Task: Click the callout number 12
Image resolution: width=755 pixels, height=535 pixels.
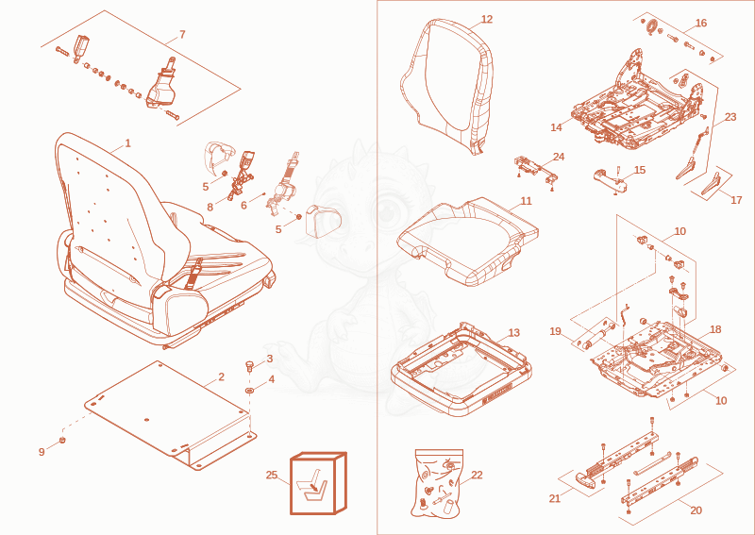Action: click(x=487, y=19)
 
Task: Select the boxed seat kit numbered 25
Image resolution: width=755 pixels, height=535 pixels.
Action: click(x=318, y=483)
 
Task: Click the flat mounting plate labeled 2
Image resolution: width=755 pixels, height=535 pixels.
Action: click(x=171, y=415)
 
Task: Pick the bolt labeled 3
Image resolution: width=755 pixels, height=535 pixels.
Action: click(x=249, y=365)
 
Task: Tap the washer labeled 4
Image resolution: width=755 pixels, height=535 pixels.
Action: click(x=250, y=389)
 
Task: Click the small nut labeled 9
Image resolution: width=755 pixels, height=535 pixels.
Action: click(x=62, y=440)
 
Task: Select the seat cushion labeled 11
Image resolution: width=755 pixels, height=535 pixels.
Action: click(x=468, y=241)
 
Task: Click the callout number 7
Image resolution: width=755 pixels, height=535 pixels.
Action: click(x=182, y=34)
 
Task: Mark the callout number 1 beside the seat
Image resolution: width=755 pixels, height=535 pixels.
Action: click(x=127, y=143)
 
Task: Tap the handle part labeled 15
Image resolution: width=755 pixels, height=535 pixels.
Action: click(x=611, y=179)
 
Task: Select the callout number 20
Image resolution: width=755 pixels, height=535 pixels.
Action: click(x=696, y=510)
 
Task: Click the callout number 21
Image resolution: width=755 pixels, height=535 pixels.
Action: click(x=555, y=498)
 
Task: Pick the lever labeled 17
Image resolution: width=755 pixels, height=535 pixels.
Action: click(x=711, y=184)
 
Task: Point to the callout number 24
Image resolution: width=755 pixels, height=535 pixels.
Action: click(x=559, y=157)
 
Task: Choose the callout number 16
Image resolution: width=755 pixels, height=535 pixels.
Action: click(x=701, y=23)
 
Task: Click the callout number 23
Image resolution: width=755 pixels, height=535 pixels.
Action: click(x=730, y=117)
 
